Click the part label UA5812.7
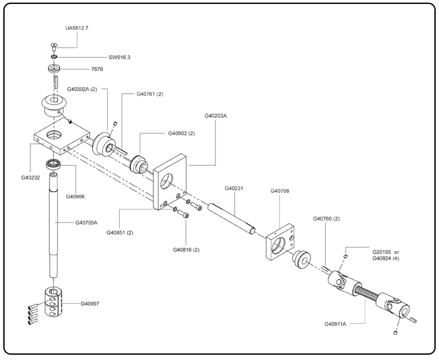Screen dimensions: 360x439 pyautogui.click(x=78, y=29)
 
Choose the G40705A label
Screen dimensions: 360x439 pyautogui.click(x=87, y=223)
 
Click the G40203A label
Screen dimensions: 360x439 pyautogui.click(x=216, y=116)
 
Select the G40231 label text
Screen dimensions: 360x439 pyautogui.click(x=235, y=188)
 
